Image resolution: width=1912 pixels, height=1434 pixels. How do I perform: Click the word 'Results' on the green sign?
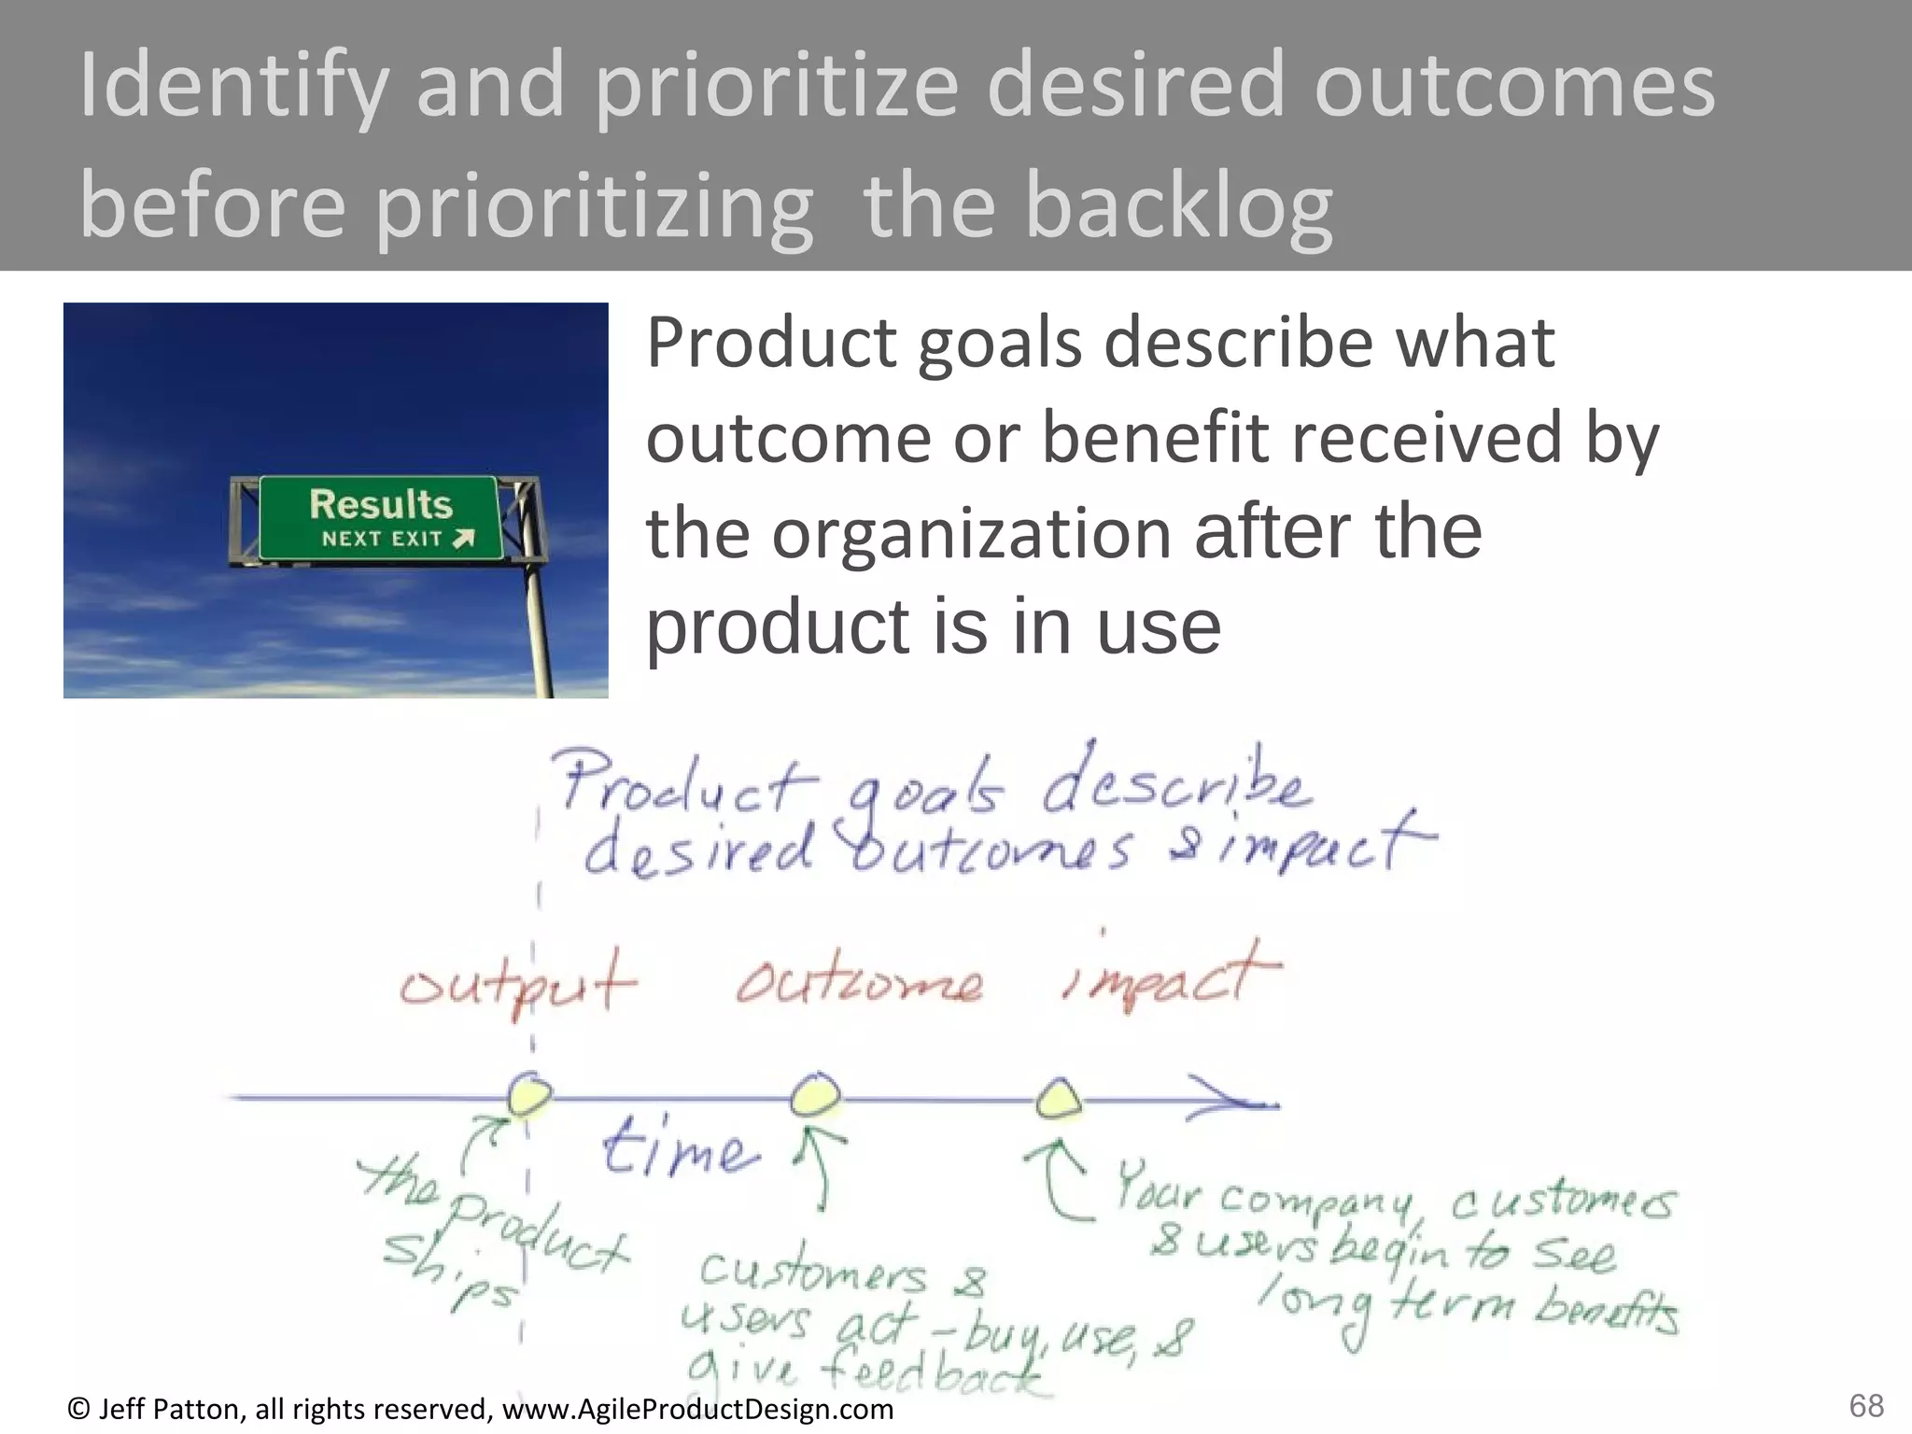381,505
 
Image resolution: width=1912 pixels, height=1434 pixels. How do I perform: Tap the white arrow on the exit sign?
464,539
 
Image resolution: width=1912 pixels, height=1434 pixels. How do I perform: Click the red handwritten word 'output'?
518,984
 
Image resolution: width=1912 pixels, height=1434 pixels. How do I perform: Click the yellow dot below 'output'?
529,1094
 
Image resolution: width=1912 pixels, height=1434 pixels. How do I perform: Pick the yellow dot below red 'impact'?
1059,1100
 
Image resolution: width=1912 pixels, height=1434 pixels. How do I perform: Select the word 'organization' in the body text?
972,533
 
